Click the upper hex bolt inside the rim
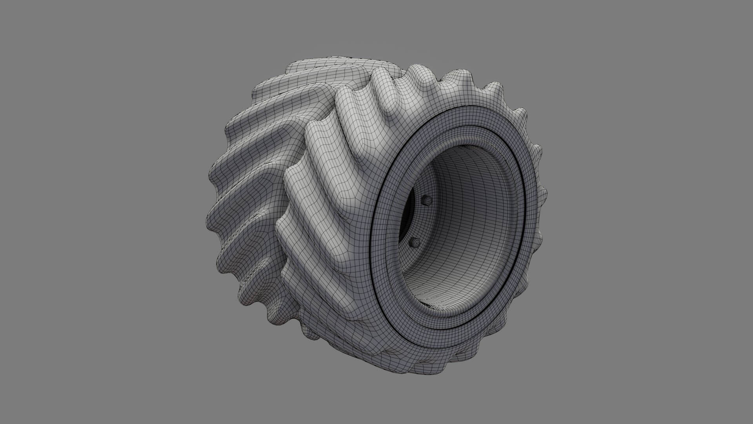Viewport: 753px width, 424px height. [x=427, y=201]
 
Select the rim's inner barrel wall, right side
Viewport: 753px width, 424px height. [x=498, y=220]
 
